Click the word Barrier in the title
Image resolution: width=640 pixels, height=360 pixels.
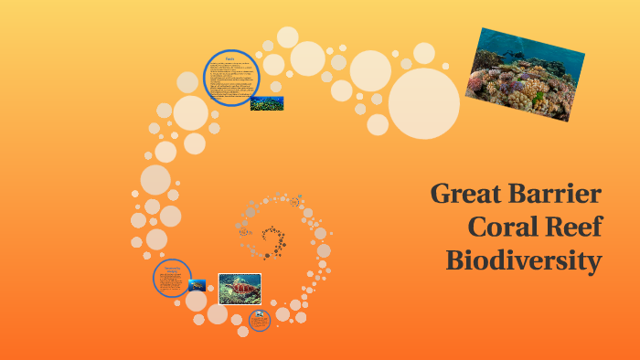[560, 195]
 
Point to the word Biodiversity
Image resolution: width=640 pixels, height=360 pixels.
[524, 260]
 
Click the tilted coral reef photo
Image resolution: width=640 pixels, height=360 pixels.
[522, 73]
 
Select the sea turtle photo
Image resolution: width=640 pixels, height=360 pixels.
[240, 289]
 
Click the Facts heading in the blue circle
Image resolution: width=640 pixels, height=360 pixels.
[231, 58]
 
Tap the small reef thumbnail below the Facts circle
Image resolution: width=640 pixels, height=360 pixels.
[266, 103]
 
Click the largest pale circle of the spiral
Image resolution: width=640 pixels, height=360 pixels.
[423, 103]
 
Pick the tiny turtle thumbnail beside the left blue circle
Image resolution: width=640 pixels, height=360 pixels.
[197, 285]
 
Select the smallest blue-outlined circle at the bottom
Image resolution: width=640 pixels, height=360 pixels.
[260, 320]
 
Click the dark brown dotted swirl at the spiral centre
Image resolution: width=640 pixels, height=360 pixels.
[272, 239]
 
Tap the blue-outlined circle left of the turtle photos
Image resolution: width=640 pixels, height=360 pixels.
[172, 278]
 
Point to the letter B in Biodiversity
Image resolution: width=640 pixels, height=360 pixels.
[455, 260]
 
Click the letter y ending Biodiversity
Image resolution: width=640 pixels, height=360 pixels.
[594, 263]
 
